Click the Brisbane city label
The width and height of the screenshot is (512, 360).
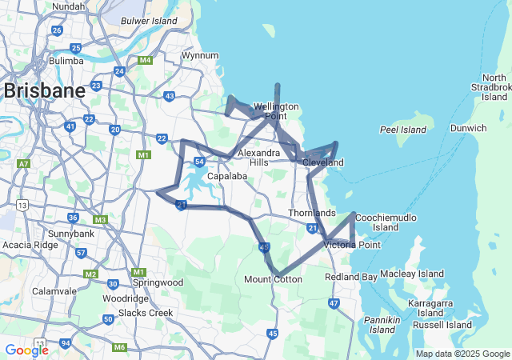click(x=44, y=90)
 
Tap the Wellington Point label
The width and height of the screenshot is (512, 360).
click(x=276, y=111)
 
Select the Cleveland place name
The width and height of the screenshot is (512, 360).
click(x=323, y=162)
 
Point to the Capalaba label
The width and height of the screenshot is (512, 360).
click(x=226, y=176)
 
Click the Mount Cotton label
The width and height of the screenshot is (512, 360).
click(x=273, y=279)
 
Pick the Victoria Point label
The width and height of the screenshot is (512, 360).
click(x=352, y=244)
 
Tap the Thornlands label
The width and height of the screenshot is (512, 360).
click(x=312, y=214)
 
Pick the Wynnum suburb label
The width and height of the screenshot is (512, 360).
click(x=200, y=56)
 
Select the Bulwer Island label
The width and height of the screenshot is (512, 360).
click(x=150, y=20)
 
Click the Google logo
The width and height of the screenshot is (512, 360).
click(x=26, y=350)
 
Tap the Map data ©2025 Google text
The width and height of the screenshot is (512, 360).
click(x=462, y=354)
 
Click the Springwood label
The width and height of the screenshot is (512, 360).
click(x=158, y=282)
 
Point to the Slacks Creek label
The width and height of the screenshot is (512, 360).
click(x=145, y=312)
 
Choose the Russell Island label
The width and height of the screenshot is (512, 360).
click(x=440, y=325)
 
